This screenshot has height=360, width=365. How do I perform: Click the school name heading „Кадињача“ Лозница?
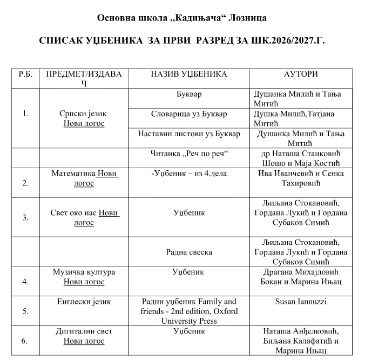point(182,18)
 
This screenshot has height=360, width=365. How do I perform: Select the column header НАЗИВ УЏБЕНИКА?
point(188,74)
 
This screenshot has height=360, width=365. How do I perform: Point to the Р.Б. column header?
point(25,74)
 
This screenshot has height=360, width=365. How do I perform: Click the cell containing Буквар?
point(188,94)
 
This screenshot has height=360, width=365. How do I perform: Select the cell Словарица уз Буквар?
point(188,114)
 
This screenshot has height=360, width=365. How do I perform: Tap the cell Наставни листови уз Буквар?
point(188,133)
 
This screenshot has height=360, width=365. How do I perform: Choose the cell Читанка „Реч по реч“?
point(188,153)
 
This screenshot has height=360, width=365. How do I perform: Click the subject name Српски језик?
point(83,114)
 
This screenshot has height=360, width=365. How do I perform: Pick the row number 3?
point(25,217)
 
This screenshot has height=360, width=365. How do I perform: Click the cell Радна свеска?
point(188,252)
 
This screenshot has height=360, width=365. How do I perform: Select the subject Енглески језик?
point(83,302)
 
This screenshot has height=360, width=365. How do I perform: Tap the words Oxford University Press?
point(188,316)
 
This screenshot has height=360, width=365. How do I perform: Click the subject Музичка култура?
point(83,272)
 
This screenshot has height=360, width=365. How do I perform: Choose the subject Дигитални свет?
point(83,331)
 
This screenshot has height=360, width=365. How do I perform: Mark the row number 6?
point(25,341)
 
